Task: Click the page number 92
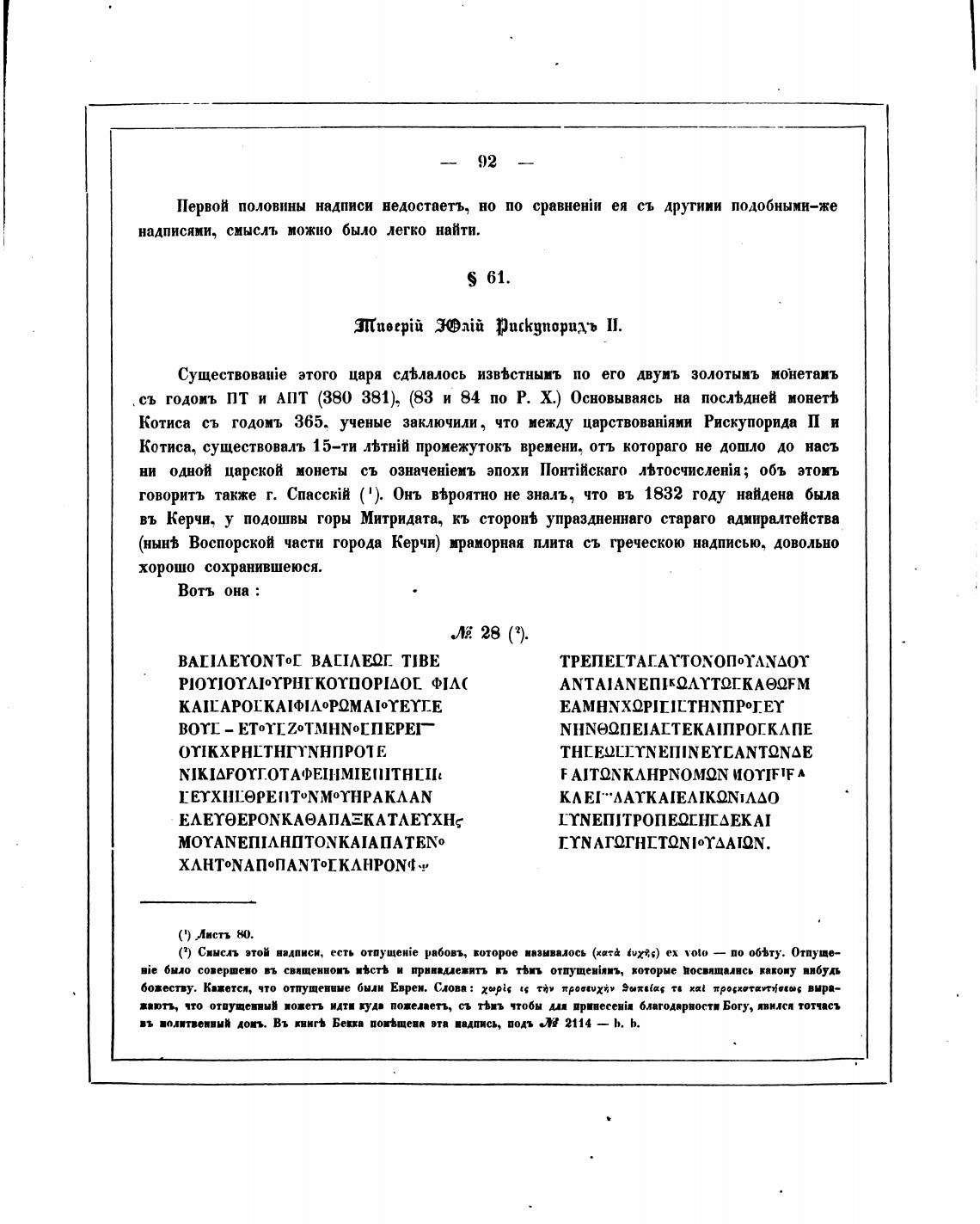click(x=487, y=162)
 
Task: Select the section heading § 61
click(x=487, y=277)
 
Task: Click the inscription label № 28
click(x=489, y=634)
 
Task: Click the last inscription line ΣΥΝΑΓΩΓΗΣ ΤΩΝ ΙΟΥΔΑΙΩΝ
click(x=665, y=843)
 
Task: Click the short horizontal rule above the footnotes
click(x=198, y=901)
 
